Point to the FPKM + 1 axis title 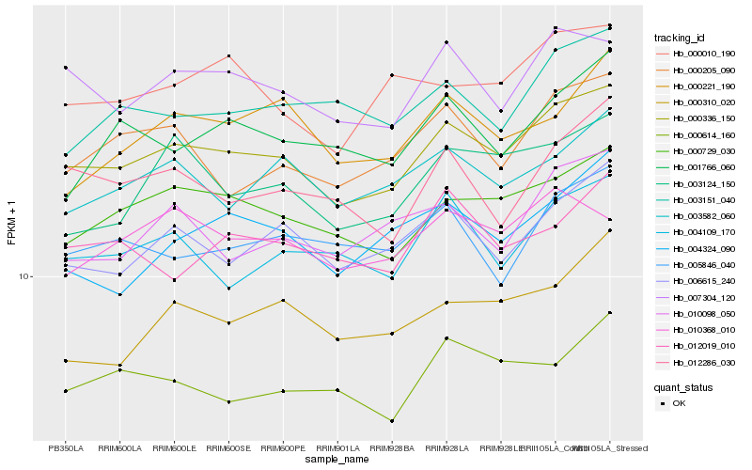pos(11,222)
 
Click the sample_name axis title pos(337,460)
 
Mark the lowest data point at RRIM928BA pos(392,420)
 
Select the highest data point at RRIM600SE pos(228,56)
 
